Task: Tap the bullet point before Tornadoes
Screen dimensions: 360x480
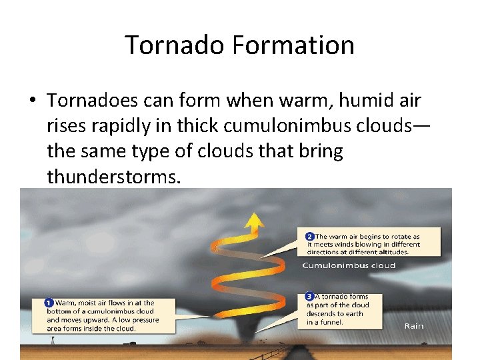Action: [31, 101]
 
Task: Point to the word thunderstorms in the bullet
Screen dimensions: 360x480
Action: [113, 177]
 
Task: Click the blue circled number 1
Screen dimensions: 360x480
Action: [49, 303]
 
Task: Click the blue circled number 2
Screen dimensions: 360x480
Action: [309, 236]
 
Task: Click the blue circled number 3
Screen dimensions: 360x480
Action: [309, 296]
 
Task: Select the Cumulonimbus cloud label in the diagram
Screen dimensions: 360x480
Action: [349, 265]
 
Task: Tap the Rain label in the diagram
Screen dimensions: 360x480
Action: [414, 326]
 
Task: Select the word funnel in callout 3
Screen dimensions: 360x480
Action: [332, 323]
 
